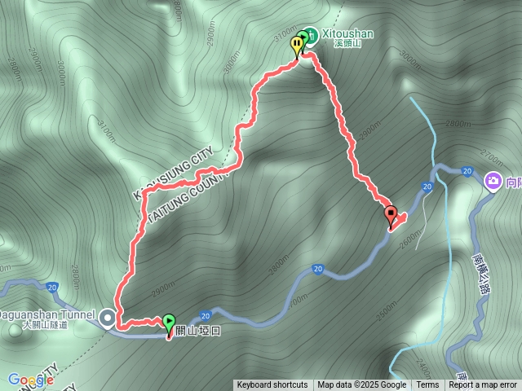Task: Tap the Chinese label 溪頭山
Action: [347, 43]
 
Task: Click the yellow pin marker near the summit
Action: [296, 46]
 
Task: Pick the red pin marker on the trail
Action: [391, 216]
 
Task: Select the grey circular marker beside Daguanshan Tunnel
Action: [108, 319]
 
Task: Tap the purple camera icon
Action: [493, 181]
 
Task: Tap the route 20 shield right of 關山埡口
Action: [206, 314]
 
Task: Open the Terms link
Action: [427, 385]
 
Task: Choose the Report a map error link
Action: [484, 385]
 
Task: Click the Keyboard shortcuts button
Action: [272, 385]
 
